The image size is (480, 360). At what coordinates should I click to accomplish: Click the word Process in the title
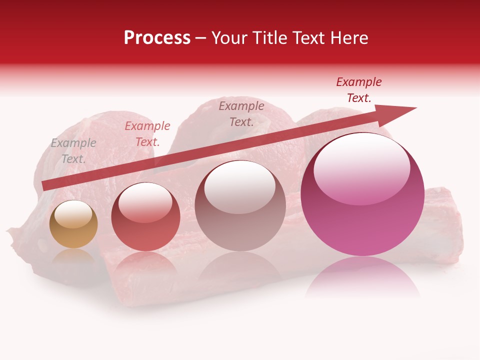point(157,38)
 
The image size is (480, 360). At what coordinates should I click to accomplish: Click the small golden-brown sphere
point(73,224)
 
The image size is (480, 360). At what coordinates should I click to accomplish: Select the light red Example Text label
point(147,134)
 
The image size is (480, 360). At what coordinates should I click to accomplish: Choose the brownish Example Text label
point(241,113)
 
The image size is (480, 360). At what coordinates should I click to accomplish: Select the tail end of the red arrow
point(45,185)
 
